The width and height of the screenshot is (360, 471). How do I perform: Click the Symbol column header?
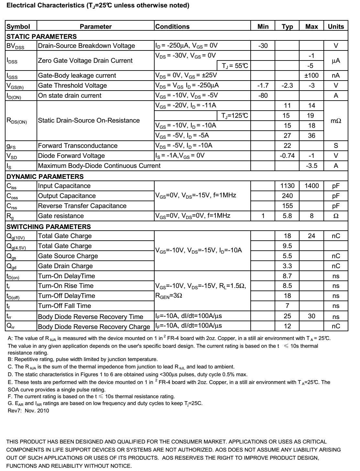click(18, 27)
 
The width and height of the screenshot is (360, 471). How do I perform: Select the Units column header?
click(336, 27)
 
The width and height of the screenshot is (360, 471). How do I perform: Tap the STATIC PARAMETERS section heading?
click(42, 36)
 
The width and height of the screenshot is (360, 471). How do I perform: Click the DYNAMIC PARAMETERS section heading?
click(45, 176)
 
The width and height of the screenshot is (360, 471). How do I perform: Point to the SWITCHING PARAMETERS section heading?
click(49, 226)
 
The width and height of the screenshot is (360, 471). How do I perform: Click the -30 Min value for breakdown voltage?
click(263, 46)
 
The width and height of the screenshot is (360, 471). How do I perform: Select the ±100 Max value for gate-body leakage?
click(311, 75)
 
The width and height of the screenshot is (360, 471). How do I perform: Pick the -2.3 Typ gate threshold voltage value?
click(287, 85)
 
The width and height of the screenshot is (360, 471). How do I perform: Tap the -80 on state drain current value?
click(263, 95)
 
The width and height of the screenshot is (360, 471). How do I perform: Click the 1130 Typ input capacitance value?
click(287, 186)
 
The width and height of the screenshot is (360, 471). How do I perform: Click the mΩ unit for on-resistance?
click(336, 121)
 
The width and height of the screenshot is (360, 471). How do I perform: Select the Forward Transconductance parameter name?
click(78, 146)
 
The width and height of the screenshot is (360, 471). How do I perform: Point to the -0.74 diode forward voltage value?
click(287, 156)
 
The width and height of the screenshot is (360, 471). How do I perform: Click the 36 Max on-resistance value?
click(311, 136)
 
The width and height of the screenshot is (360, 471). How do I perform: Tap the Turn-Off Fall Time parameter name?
click(65, 306)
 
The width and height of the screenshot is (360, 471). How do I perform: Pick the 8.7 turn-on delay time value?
click(287, 276)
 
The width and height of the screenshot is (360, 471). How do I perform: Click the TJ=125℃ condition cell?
click(235, 115)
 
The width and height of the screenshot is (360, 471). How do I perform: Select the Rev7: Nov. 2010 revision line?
click(28, 411)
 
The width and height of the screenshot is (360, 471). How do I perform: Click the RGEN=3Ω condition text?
click(169, 296)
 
